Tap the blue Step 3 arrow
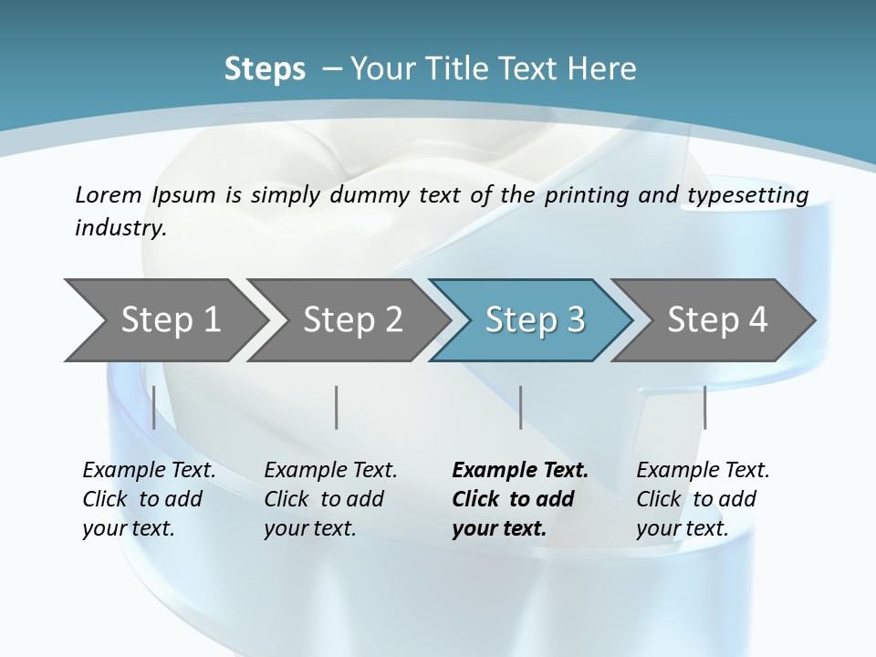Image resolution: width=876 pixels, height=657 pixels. [x=535, y=320]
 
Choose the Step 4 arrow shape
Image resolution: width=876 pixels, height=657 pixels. [x=717, y=320]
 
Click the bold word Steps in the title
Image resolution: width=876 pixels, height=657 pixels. [x=265, y=68]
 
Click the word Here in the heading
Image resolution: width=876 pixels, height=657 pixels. [x=602, y=68]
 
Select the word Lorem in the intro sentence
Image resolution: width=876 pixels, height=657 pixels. [x=109, y=194]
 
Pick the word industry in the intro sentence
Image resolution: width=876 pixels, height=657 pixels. [x=120, y=228]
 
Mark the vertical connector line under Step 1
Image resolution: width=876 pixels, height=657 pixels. [x=154, y=407]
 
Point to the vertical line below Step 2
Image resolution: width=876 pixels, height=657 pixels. [x=337, y=407]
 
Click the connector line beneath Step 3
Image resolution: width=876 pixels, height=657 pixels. [x=520, y=407]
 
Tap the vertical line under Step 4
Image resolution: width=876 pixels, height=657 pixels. [x=704, y=407]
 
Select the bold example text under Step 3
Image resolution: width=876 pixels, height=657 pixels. [x=520, y=499]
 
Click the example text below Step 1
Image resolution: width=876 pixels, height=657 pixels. [x=149, y=499]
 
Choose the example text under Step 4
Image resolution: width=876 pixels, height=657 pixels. [x=703, y=499]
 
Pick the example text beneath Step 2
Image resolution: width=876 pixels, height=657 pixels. [x=330, y=499]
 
